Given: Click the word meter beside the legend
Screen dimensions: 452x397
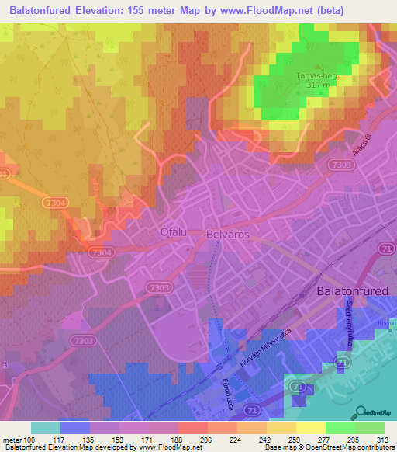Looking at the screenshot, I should point(12,440).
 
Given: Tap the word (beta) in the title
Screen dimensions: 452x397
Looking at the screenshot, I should point(343,10).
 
